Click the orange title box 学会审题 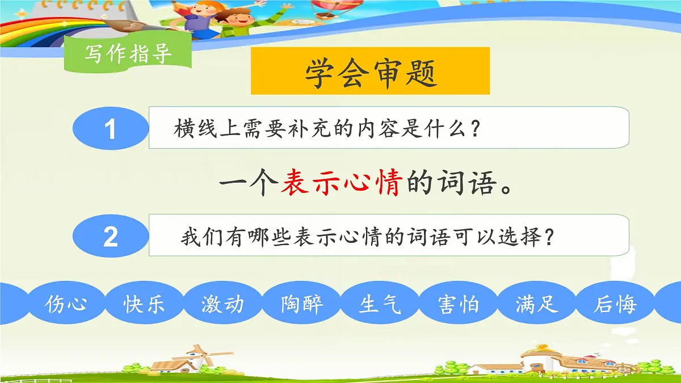370,71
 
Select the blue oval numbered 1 110,129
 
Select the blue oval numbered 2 110,236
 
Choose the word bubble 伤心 66,305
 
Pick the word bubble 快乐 144,305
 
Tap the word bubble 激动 222,305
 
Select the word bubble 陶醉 301,305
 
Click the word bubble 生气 380,305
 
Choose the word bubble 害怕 459,305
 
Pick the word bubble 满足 537,305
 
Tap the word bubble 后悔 615,305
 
